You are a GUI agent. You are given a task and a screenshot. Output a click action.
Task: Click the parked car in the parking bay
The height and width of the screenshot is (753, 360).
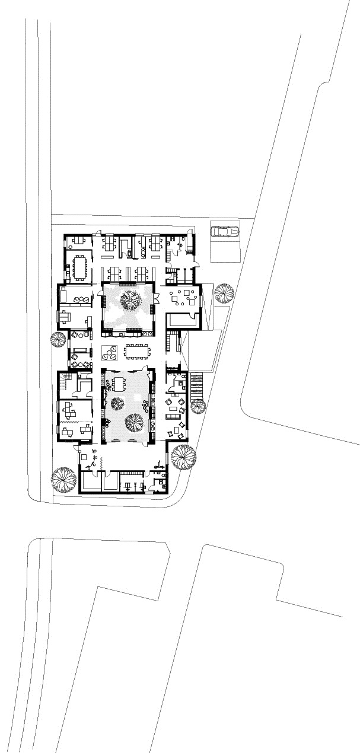(224, 231)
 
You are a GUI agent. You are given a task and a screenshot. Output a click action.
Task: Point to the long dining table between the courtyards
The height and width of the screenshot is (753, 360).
(138, 352)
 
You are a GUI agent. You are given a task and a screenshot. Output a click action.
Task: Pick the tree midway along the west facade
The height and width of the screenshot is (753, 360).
(58, 340)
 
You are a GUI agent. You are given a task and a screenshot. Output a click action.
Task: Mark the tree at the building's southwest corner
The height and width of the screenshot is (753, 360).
(64, 480)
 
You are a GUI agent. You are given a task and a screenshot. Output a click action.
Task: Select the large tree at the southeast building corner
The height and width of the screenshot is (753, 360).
(183, 456)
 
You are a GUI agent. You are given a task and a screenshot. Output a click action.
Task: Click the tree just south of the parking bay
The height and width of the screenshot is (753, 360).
(224, 293)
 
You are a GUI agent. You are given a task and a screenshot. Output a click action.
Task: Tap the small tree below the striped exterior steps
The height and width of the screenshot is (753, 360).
(197, 406)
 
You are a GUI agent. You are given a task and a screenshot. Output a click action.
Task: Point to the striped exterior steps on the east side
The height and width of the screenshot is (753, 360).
(197, 386)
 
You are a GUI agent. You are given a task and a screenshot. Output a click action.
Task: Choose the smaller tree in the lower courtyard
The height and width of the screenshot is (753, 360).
(117, 404)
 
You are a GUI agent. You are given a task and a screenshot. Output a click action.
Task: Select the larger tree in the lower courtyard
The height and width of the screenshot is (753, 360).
(135, 423)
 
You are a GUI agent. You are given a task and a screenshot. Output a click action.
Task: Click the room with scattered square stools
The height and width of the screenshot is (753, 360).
(181, 296)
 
